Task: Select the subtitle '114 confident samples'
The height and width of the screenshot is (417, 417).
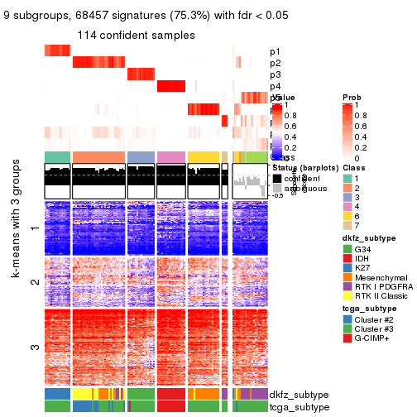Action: coord(137,36)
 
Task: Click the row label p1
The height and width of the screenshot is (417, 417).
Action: coord(276,51)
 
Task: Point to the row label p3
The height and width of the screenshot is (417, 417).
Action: coord(276,74)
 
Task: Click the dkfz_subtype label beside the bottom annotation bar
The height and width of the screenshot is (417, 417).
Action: coord(300,395)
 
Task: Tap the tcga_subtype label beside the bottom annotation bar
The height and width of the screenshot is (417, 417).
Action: coord(299,406)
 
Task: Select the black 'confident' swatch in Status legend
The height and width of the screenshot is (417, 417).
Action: coord(277,178)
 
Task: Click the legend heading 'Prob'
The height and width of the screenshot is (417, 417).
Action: coord(352,98)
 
